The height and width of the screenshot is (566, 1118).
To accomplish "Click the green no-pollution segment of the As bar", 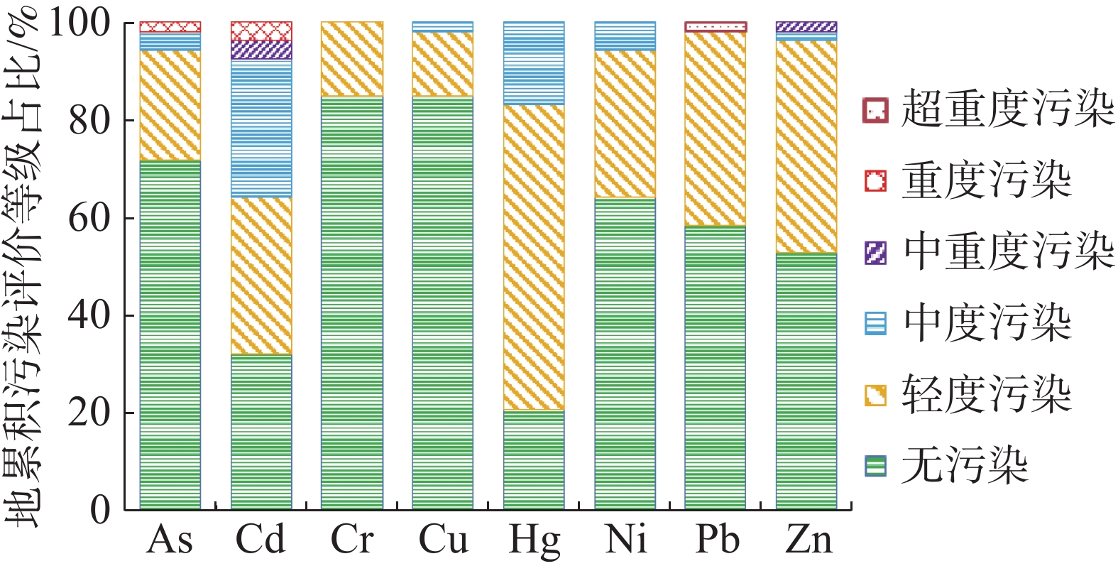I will tap(170, 334).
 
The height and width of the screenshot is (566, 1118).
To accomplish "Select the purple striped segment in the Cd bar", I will tap(261, 50).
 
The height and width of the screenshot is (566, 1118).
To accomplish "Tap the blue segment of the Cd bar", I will tap(261, 128).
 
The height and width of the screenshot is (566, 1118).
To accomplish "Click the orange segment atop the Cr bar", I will tap(352, 59).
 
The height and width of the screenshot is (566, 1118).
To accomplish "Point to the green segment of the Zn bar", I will tap(806, 381).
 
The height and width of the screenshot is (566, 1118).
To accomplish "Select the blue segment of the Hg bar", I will tap(534, 63).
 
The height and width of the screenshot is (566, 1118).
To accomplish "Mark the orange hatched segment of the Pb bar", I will tap(716, 129).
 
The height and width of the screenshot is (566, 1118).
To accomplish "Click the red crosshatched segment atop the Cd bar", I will tap(261, 31).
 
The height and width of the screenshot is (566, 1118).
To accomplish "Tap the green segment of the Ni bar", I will tap(625, 353).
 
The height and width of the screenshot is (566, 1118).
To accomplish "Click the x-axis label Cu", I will tap(443, 540).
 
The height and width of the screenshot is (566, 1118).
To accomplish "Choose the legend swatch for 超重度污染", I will tap(875, 110).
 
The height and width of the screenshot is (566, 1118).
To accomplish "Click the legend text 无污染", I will tap(964, 466).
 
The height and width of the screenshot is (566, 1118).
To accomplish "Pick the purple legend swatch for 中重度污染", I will tap(875, 252).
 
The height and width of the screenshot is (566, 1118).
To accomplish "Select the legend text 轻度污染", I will tap(986, 394).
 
